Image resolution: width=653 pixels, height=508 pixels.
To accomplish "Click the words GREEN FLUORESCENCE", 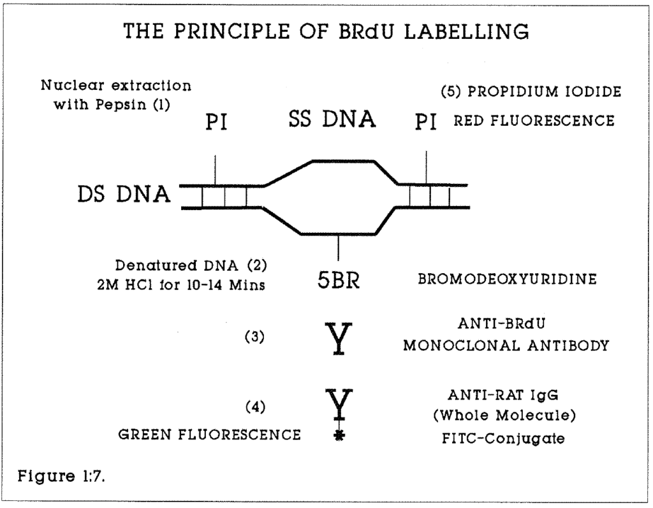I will (x=210, y=435).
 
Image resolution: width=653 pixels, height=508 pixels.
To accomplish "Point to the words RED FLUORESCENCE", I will (x=534, y=121).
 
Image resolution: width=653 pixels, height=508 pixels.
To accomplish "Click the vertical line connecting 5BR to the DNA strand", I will (x=339, y=247).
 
